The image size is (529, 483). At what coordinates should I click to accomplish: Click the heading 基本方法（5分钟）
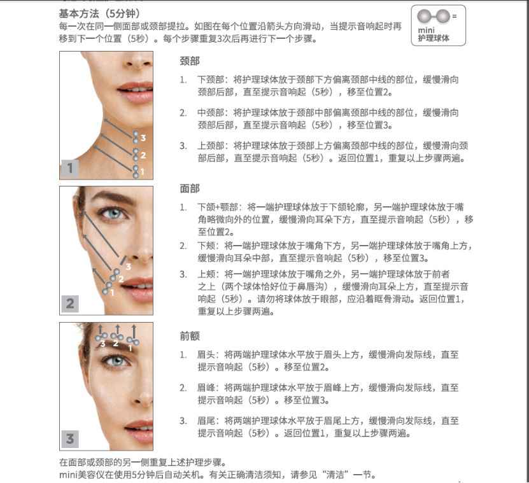(99, 13)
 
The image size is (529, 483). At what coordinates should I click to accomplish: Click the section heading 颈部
(190, 61)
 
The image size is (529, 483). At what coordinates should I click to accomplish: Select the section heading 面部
(190, 188)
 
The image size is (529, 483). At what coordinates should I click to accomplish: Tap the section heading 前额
(190, 336)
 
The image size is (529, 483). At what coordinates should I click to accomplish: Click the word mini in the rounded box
(426, 31)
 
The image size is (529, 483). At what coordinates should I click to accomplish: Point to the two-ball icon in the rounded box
(434, 16)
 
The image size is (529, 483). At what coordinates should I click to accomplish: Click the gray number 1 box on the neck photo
(70, 168)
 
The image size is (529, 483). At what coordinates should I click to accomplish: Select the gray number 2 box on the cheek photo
(70, 304)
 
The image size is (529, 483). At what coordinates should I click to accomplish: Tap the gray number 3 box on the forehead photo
(70, 439)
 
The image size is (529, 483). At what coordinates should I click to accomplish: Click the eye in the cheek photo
(113, 213)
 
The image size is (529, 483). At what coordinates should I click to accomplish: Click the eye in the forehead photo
(116, 361)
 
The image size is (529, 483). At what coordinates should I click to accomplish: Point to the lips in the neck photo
(136, 92)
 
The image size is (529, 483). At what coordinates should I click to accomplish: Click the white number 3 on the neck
(143, 137)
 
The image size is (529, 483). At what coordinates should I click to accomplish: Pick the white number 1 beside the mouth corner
(112, 293)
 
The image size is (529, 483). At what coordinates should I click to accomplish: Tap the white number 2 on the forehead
(116, 344)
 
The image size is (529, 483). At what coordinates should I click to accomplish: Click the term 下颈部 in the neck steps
(211, 80)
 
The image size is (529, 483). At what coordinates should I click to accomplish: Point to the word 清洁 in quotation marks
(335, 475)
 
